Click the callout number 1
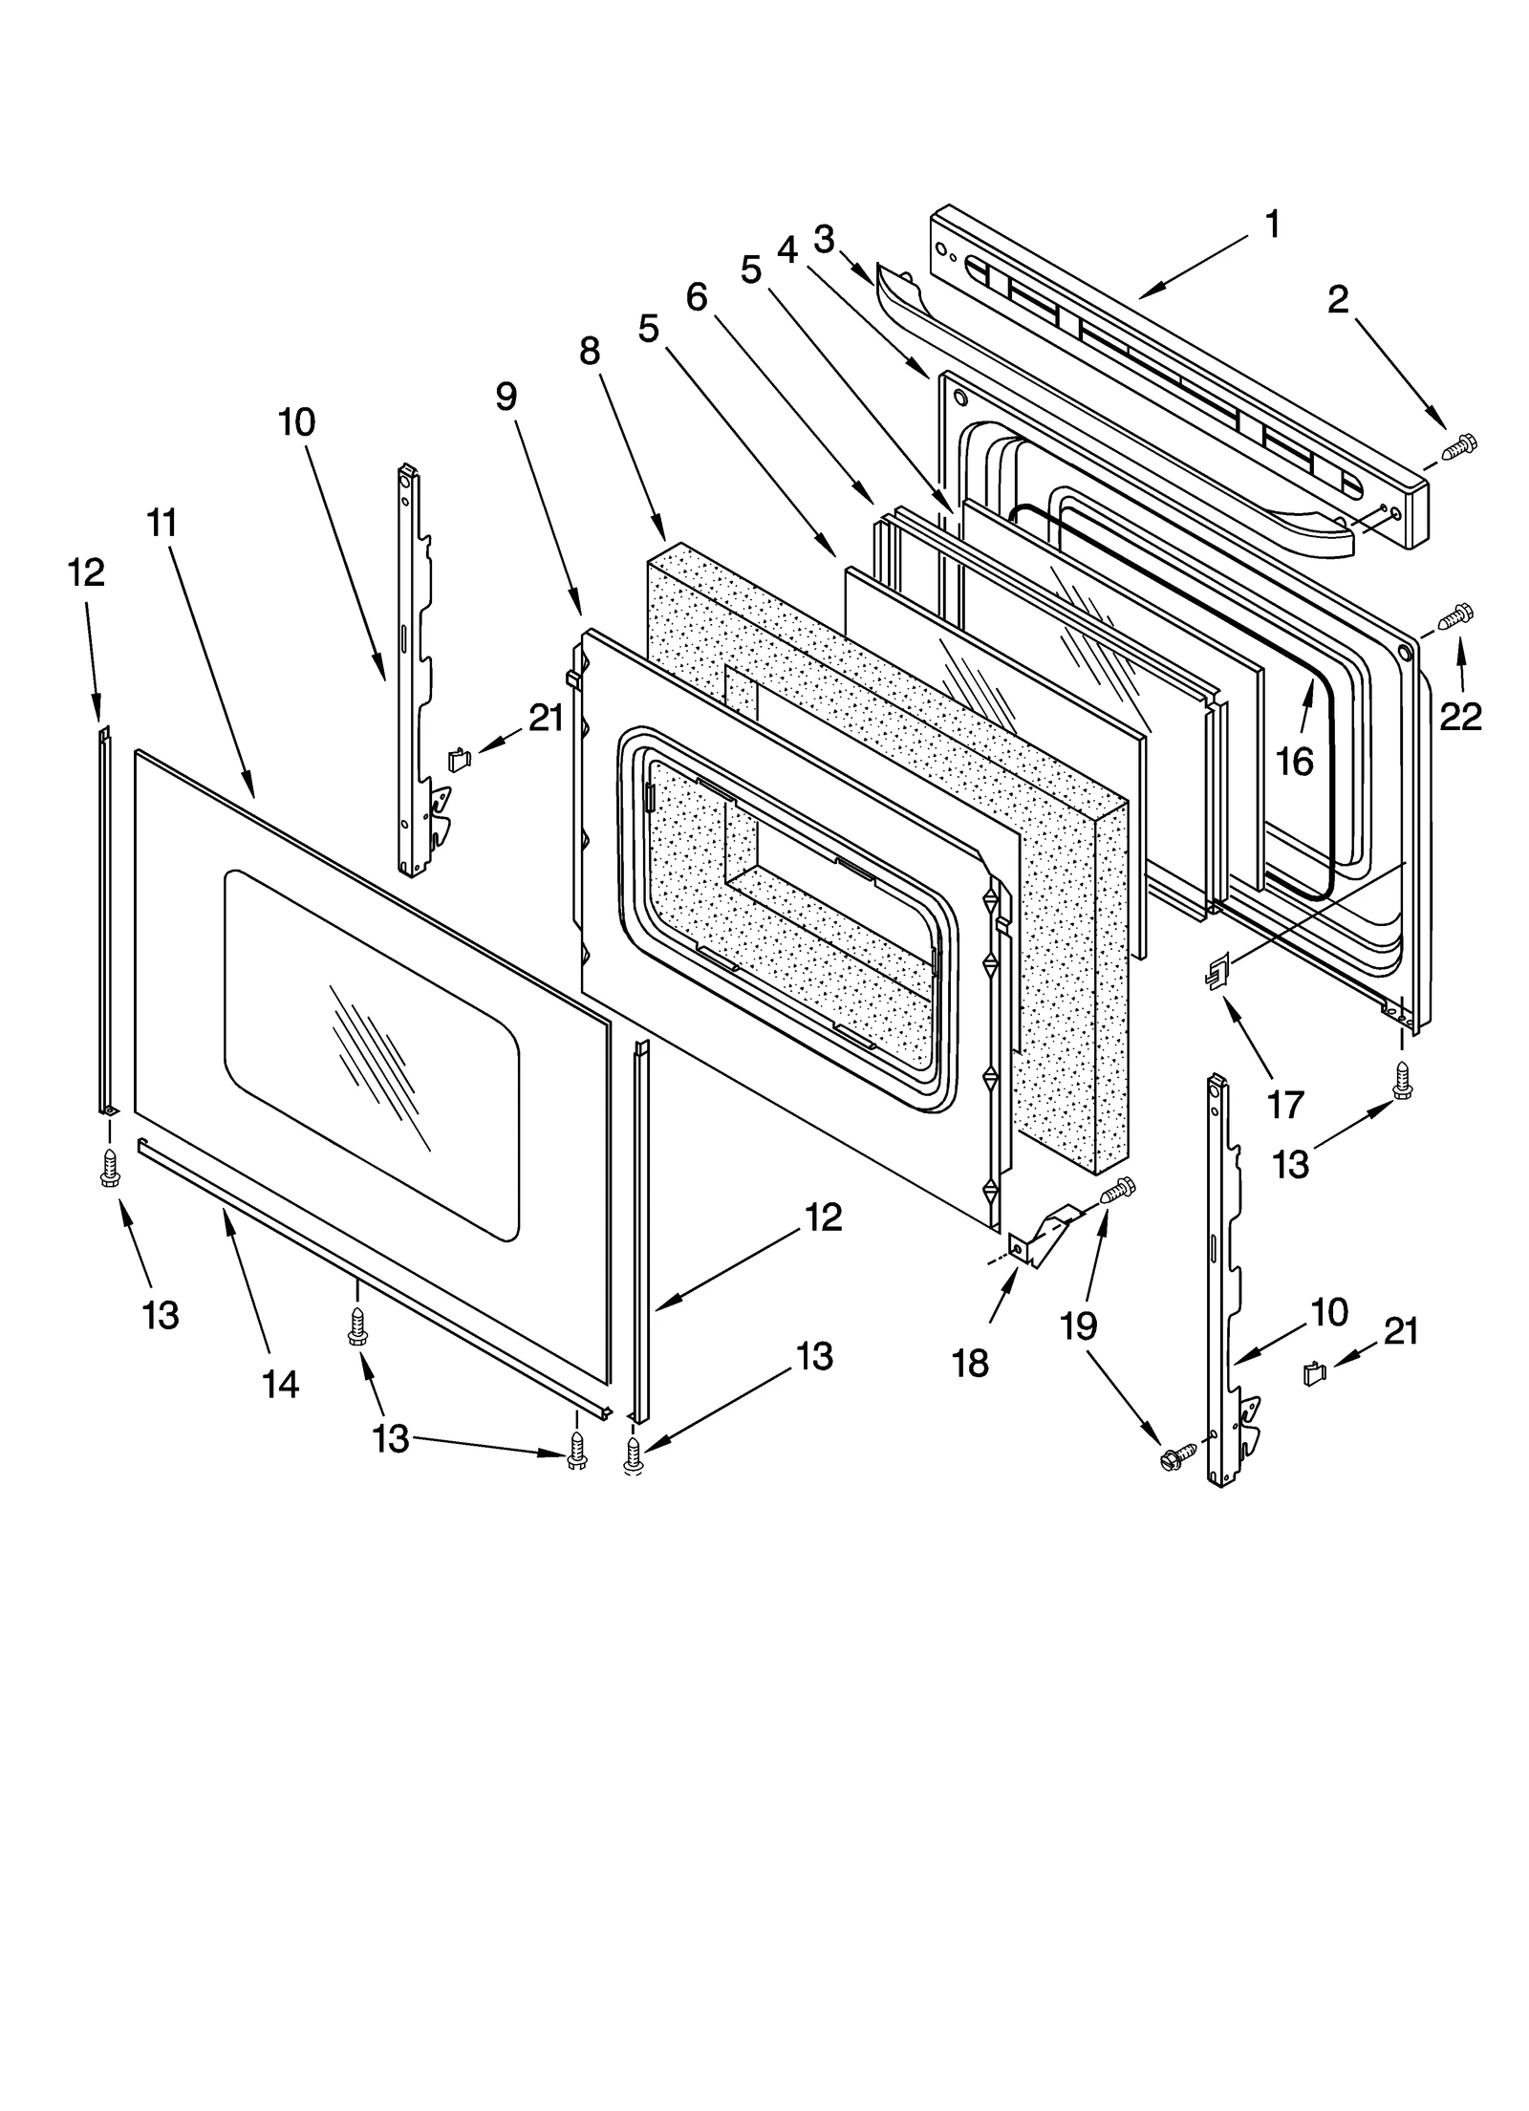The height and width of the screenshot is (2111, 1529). point(1271,224)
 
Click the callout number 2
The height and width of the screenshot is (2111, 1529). point(1338,300)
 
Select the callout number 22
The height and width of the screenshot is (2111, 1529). point(1460,715)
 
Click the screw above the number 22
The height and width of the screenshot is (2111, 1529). point(1456,615)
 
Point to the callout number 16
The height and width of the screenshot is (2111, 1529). point(1295,762)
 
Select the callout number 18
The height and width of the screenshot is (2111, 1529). point(970,1363)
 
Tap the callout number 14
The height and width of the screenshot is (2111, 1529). point(281,1383)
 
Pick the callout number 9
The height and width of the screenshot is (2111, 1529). point(506,396)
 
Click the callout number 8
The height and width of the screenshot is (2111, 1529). point(590,351)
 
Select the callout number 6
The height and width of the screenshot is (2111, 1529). point(697,297)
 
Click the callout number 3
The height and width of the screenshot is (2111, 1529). point(824,237)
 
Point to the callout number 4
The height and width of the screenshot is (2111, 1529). point(786,248)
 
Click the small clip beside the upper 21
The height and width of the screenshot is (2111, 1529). point(460,760)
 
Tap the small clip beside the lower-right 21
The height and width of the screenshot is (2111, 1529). point(1316,1374)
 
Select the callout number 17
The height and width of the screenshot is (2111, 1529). point(1284,1105)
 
